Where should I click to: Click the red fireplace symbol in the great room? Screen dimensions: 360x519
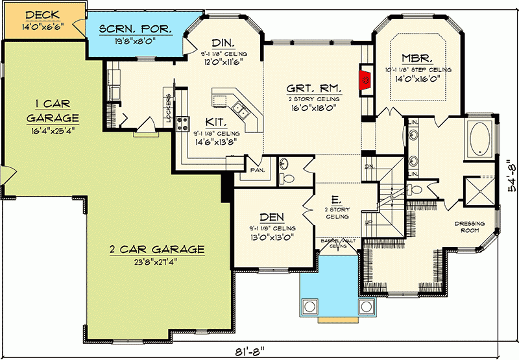pyautogui.click(x=366, y=80)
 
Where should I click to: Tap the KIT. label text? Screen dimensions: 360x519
pyautogui.click(x=215, y=121)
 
